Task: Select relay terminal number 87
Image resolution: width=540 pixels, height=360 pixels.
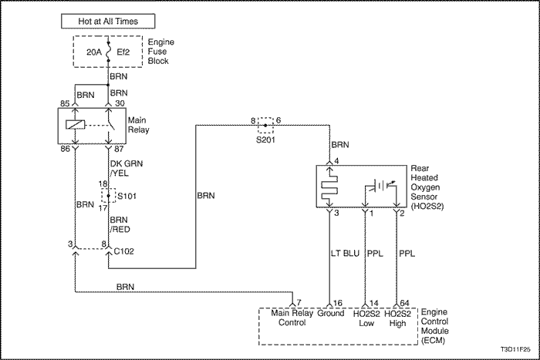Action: click(x=120, y=149)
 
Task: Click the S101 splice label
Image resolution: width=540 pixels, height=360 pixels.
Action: click(x=126, y=197)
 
